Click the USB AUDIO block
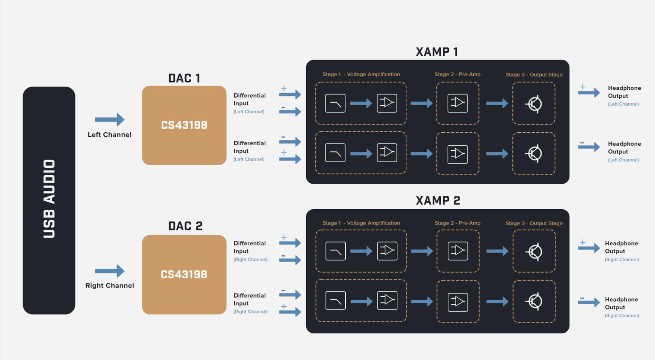pos(49,200)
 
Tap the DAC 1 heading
pos(184,78)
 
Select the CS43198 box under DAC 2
pos(184,274)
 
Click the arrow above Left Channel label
pos(109,120)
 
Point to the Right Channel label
pos(110,286)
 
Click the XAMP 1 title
pos(437,52)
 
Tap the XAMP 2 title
pos(438,201)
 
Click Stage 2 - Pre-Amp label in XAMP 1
pos(457,74)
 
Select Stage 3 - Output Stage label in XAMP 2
pos(534,223)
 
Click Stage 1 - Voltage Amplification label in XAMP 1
pos(361,74)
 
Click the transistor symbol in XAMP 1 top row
pos(534,104)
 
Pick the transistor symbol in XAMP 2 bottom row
pos(534,301)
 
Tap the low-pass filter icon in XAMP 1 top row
pos(335,103)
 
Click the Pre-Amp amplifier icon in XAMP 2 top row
pos(458,251)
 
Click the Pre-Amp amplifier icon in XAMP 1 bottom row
pos(457,154)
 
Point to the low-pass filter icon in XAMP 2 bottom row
pos(335,300)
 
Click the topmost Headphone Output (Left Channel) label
pos(624,95)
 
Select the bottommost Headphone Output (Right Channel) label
pos(621,307)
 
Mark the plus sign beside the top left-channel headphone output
pos(583,87)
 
